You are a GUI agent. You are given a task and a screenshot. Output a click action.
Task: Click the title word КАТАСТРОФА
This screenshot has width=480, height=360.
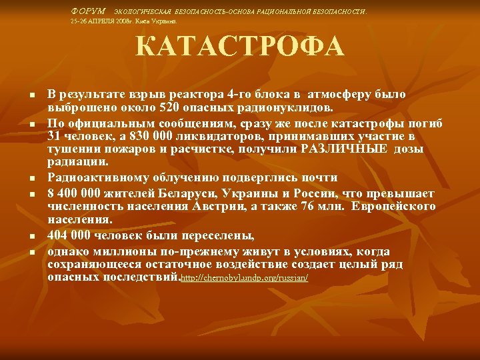240,47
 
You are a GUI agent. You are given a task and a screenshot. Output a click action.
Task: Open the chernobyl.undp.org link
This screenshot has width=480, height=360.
245,277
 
